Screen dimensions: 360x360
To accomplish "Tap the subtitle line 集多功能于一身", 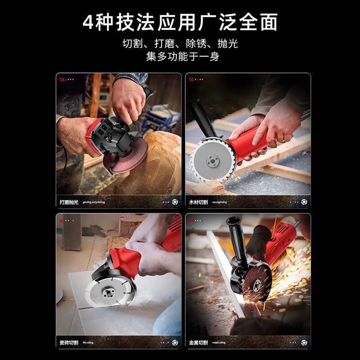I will coord(180,57).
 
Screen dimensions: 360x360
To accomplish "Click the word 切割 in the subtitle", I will coord(132,44).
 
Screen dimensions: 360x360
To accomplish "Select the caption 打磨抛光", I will coord(69,202).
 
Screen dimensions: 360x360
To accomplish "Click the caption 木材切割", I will coord(198,202).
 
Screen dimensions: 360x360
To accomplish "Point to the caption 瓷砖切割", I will coord(69,343).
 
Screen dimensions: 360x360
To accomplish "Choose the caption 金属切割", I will coord(198,343).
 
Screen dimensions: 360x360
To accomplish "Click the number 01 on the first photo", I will coord(62,79).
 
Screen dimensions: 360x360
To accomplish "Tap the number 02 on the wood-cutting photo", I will coord(191,79).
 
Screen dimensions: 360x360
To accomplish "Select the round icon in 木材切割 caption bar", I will coord(304,202).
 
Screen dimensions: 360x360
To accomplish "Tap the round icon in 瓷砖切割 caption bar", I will coord(175,343).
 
